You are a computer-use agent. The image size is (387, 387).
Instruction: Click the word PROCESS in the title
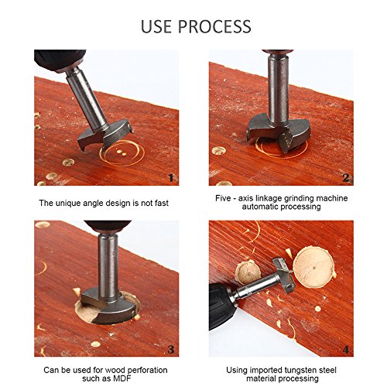214,26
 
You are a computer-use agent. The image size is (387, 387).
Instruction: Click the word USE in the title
156,26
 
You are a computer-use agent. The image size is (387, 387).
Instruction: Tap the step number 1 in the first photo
171,178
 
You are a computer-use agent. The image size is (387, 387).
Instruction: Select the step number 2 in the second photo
346,178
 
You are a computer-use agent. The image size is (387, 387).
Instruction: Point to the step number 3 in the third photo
171,350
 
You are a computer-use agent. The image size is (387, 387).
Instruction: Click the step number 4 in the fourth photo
346,350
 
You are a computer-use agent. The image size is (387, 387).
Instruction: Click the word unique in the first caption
67,204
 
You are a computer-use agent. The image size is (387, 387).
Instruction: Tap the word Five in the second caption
223,198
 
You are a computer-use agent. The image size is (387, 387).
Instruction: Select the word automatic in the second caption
260,207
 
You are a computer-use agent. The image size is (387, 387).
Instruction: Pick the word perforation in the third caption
147,371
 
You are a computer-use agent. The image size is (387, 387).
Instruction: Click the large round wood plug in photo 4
314,266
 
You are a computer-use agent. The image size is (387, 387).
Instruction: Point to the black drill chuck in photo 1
60,60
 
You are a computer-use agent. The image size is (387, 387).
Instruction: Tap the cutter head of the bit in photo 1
105,135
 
